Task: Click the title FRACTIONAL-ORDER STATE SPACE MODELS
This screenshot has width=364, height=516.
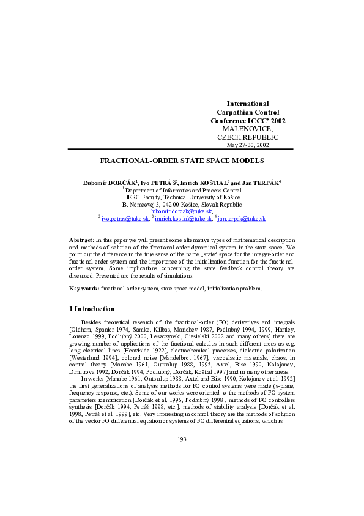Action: pos(182,160)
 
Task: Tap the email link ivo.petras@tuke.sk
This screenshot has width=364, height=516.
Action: pos(125,218)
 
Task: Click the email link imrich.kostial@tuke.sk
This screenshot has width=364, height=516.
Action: pos(184,218)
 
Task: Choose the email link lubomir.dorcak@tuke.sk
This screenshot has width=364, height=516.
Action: pos(181,211)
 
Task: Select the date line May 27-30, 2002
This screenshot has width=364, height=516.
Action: pos(248,145)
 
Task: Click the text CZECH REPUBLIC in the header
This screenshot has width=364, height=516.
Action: pos(248,137)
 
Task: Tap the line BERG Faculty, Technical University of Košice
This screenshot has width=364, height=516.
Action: pos(182,197)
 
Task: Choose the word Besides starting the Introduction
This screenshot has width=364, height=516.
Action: pos(92,322)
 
